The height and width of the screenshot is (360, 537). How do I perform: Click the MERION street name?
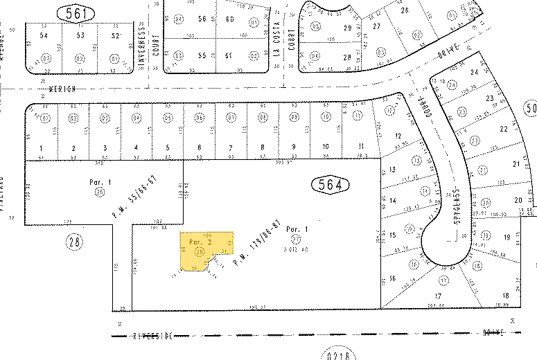coord(62,89)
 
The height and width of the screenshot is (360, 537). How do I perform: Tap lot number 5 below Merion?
coord(167,147)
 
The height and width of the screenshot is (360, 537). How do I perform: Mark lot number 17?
coord(437,296)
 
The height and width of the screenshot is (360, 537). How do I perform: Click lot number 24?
coord(475,73)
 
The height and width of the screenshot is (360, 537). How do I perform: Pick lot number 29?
coord(348,28)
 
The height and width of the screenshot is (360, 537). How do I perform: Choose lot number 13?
coord(391,170)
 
